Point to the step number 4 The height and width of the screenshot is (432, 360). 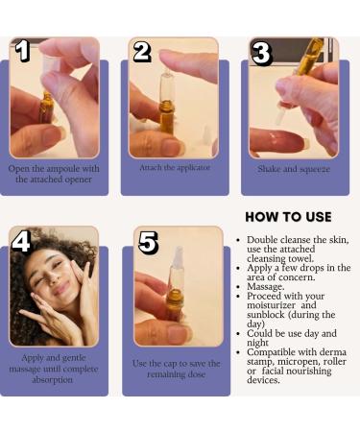tap(22, 243)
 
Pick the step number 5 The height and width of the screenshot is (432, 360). tap(148, 244)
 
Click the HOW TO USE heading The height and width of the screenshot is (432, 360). tap(288, 217)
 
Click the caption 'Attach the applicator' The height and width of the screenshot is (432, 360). tap(174, 167)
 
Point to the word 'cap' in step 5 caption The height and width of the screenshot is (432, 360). tap(174, 364)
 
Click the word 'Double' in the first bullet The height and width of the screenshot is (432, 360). tap(264, 239)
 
